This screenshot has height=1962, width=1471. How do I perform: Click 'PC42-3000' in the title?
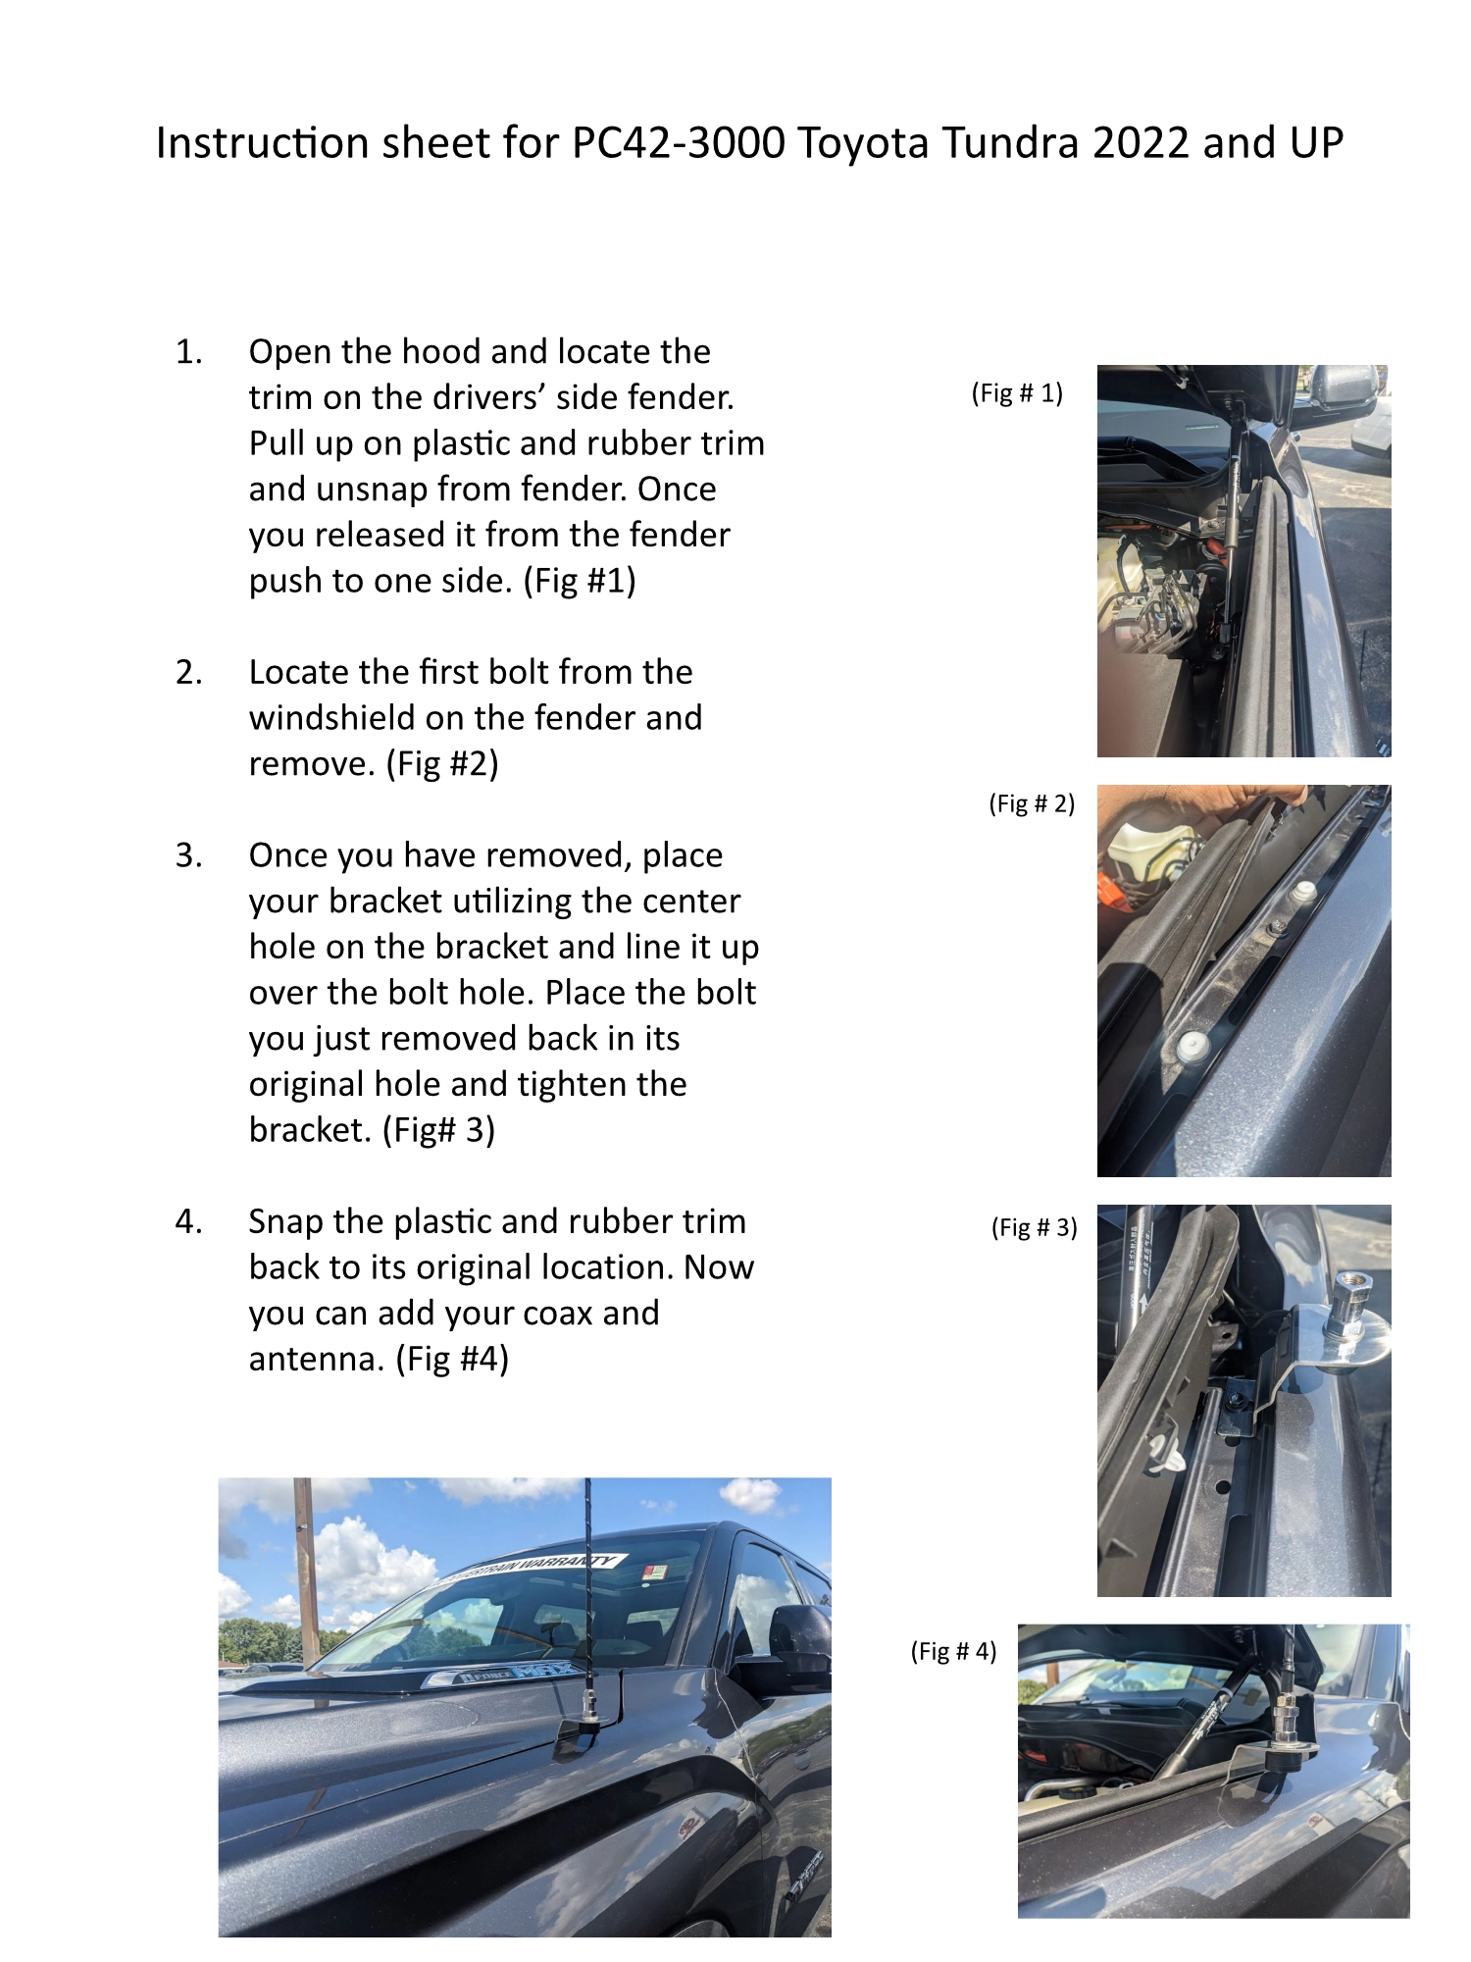pyautogui.click(x=678, y=143)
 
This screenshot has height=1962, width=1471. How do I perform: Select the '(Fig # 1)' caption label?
pyautogui.click(x=1017, y=393)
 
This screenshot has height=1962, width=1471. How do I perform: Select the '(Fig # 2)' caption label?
pyautogui.click(x=1031, y=803)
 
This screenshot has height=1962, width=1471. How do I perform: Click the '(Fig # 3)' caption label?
pyautogui.click(x=1034, y=1227)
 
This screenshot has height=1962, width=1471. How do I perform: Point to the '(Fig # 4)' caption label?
pyautogui.click(x=953, y=1651)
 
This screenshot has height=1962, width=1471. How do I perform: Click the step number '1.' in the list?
pyautogui.click(x=188, y=352)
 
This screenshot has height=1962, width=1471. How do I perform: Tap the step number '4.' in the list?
pyautogui.click(x=188, y=1222)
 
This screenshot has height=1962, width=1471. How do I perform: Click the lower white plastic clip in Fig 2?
pyautogui.click(x=1191, y=1045)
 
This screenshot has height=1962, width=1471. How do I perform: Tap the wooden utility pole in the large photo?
pyautogui.click(x=306, y=1560)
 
